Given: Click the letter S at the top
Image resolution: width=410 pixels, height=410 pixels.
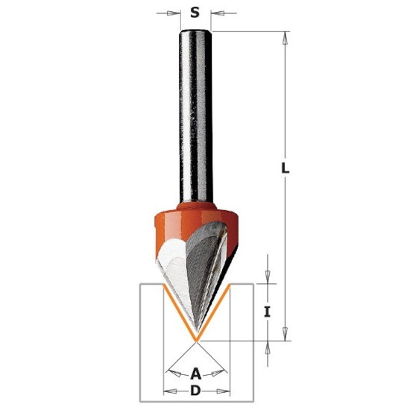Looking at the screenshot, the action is coord(195,12).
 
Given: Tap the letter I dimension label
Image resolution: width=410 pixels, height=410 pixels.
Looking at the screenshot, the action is coord(267,312).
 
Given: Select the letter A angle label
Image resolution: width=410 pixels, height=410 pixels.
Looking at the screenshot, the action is coord(195,373).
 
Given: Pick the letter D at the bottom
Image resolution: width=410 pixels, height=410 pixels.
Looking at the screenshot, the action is coord(195,391).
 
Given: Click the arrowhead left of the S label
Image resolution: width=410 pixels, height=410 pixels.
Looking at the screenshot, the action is coord(171,13).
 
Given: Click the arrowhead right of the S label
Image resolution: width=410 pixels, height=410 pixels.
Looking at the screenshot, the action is coord(219,13).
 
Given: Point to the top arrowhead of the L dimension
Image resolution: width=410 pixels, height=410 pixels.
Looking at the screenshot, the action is coord(286,39).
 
